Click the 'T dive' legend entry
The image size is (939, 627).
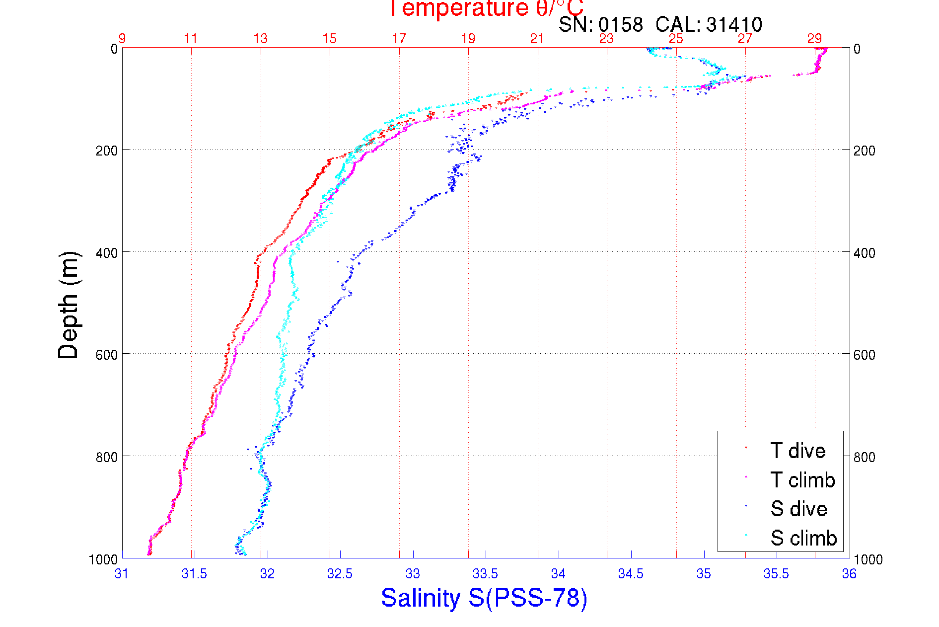[x=797, y=451]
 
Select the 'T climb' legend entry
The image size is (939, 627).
[x=802, y=480]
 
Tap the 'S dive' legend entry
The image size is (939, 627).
[x=798, y=509]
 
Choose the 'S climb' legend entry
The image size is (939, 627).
[x=803, y=538]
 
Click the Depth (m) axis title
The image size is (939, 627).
[x=69, y=305]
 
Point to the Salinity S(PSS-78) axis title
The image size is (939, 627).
[x=484, y=598]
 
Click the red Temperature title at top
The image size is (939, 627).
[x=486, y=8]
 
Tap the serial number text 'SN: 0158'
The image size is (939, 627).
[x=600, y=24]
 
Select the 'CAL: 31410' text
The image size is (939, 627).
[x=709, y=24]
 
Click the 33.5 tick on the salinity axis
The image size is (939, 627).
[x=485, y=574]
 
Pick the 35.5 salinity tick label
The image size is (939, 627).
[x=776, y=574]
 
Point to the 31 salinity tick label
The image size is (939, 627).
[x=122, y=574]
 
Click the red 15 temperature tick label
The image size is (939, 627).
[x=329, y=39]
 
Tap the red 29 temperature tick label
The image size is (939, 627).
[x=814, y=39]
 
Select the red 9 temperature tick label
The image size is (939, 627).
[x=122, y=39]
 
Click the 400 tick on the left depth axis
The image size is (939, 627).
[x=106, y=253]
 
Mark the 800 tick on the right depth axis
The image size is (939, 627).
[x=864, y=457]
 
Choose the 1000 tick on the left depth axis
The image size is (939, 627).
[x=103, y=559]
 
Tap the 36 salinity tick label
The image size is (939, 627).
[x=849, y=574]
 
